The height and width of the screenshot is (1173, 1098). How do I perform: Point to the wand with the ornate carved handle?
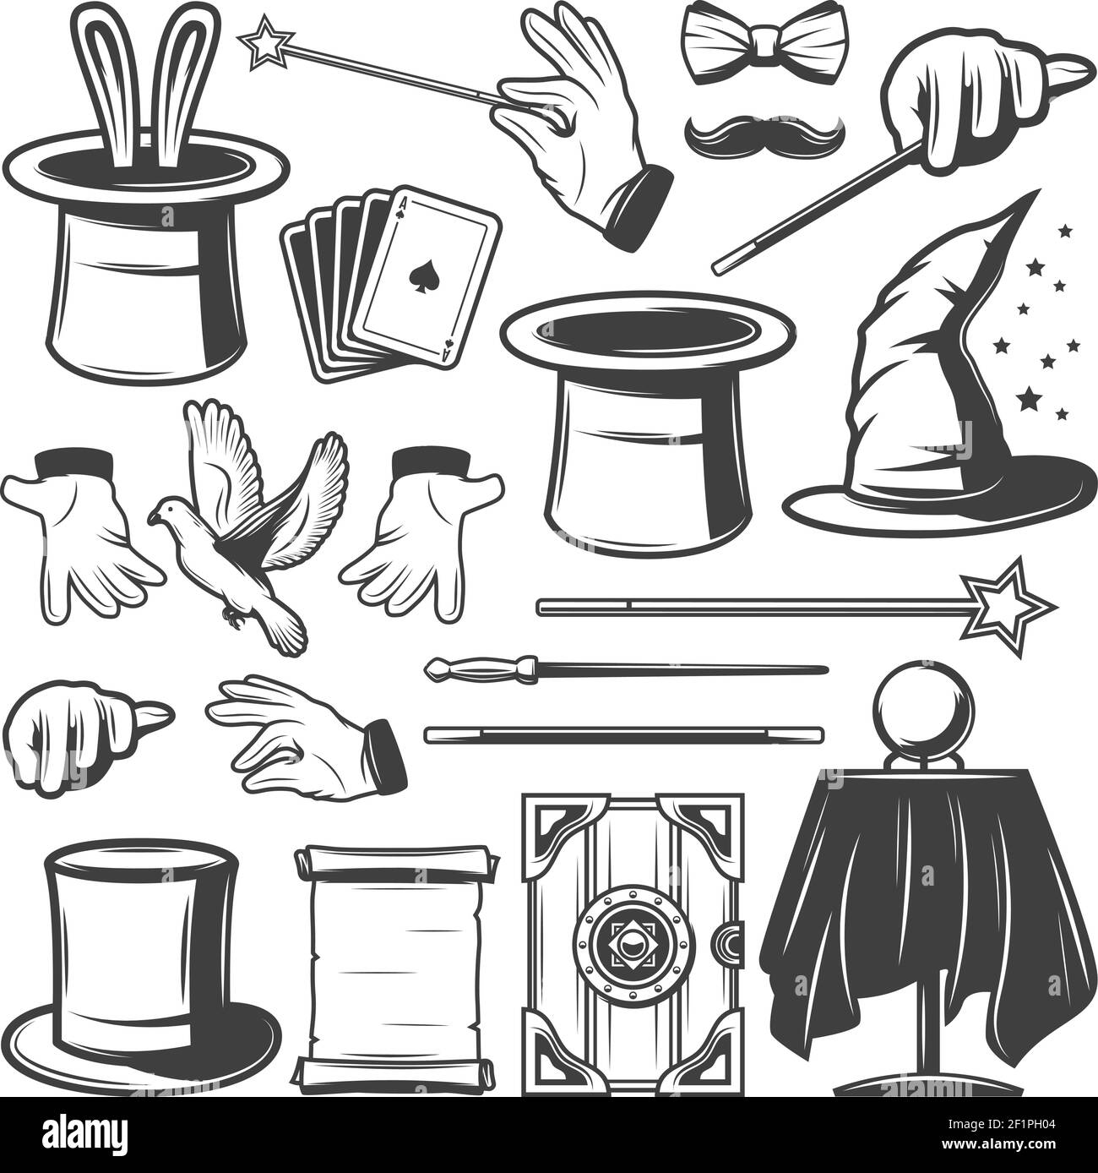[625, 670]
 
